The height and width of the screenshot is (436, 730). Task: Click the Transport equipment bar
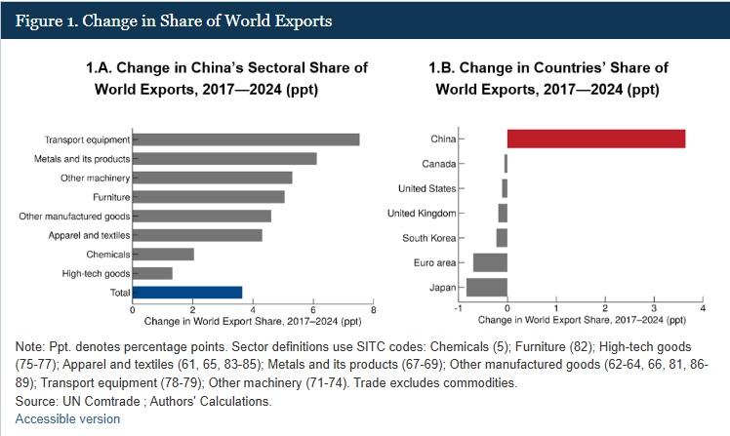pyautogui.click(x=246, y=139)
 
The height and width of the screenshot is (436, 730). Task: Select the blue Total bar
pyautogui.click(x=187, y=292)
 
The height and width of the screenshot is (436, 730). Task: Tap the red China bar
pyautogui.click(x=595, y=139)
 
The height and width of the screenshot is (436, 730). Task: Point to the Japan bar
pyautogui.click(x=487, y=287)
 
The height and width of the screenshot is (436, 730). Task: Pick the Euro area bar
pyautogui.click(x=490, y=262)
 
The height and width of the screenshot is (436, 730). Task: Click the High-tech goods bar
pyautogui.click(x=152, y=273)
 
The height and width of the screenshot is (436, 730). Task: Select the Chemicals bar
pyautogui.click(x=163, y=254)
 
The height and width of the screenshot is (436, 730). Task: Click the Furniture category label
pyautogui.click(x=106, y=197)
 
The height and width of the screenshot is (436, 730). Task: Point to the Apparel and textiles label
pyautogui.click(x=90, y=235)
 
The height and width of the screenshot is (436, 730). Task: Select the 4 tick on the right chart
pyautogui.click(x=702, y=308)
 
